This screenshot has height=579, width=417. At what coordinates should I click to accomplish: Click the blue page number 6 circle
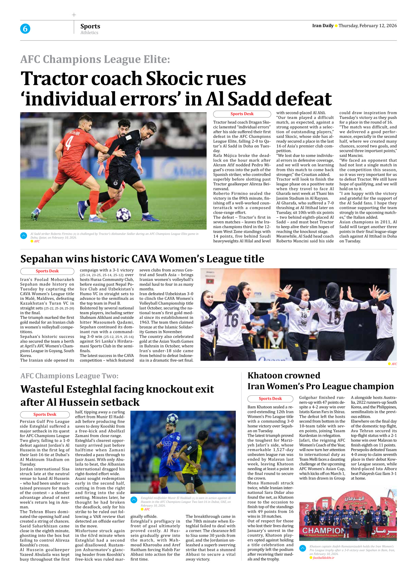(x=25, y=29)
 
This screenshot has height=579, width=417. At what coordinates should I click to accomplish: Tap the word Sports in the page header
(x=90, y=26)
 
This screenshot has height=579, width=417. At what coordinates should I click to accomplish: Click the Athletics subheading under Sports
(x=89, y=33)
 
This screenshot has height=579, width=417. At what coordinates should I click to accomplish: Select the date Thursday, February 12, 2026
(x=368, y=26)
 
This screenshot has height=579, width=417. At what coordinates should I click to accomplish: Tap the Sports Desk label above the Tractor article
(x=242, y=114)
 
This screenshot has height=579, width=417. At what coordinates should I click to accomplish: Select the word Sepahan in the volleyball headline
(x=41, y=259)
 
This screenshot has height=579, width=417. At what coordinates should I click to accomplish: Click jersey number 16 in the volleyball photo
(x=231, y=320)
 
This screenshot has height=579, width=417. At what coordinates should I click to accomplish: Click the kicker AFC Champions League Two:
(x=69, y=376)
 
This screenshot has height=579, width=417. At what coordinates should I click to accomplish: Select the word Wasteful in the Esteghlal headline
(x=42, y=389)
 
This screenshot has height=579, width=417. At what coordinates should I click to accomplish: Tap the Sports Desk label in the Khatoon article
(x=270, y=399)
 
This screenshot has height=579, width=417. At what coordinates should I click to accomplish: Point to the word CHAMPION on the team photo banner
(x=323, y=531)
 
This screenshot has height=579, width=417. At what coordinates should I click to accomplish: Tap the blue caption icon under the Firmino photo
(x=24, y=236)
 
